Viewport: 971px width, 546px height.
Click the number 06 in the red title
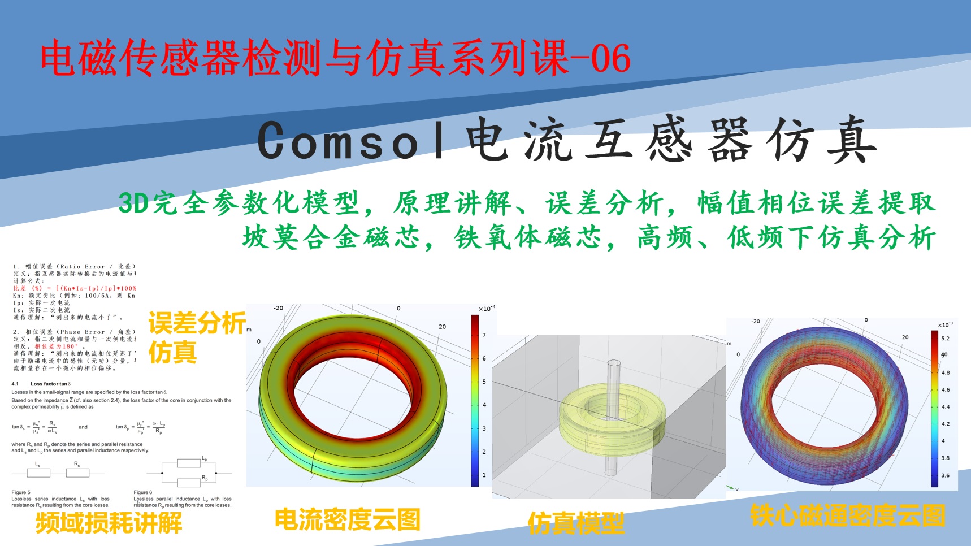(x=611, y=58)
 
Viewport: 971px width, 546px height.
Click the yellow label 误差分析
(x=196, y=323)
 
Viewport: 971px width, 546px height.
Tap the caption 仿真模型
(x=576, y=523)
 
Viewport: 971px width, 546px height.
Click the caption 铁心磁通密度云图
(x=847, y=515)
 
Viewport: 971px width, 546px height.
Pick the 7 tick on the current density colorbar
(x=484, y=335)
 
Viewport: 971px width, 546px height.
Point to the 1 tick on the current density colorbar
(x=484, y=475)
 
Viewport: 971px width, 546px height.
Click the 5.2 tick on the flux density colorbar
(x=945, y=339)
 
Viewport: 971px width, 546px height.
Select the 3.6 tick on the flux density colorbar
(x=945, y=475)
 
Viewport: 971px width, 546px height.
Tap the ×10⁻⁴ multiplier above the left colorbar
(x=487, y=309)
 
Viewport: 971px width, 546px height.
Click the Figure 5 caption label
(x=21, y=492)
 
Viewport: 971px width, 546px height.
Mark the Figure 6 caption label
(x=143, y=492)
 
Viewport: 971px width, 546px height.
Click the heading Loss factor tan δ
(x=50, y=384)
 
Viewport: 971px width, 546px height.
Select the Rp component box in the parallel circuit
(x=189, y=482)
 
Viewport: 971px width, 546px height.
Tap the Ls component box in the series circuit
(x=38, y=473)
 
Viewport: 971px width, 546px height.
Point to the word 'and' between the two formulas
(x=83, y=427)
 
